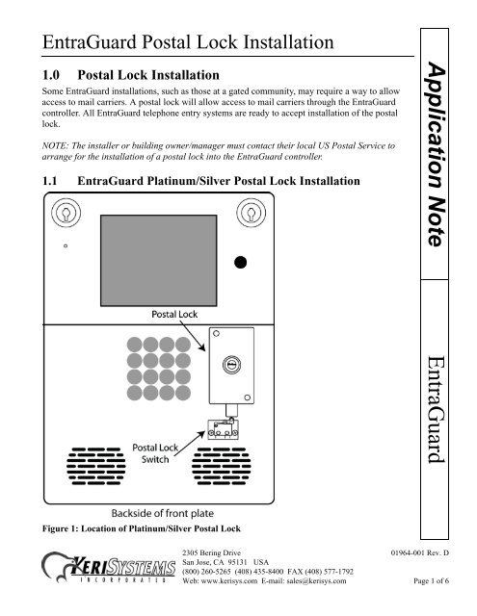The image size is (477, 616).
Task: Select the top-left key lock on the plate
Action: [x=66, y=213]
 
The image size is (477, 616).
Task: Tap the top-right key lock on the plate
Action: [x=250, y=213]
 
